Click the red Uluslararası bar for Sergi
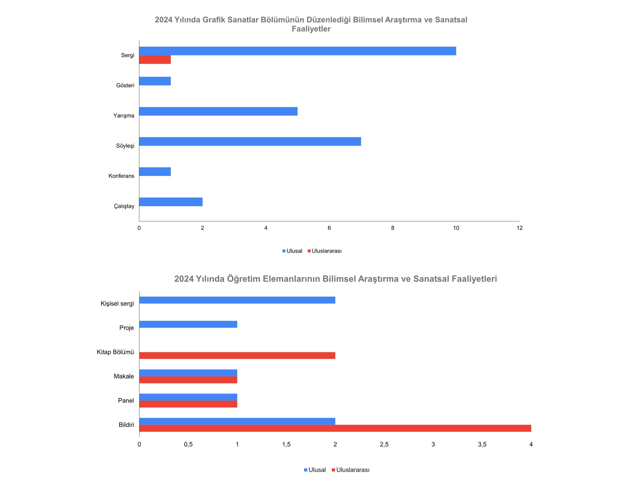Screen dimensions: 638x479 (x=155, y=59)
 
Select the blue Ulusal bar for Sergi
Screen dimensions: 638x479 (x=298, y=51)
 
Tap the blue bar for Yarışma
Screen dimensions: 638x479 (x=218, y=112)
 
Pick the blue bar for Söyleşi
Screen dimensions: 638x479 (x=250, y=141)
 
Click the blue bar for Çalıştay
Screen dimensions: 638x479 (x=171, y=202)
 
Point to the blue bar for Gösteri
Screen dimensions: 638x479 (x=155, y=81)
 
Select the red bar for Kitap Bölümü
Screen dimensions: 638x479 (x=237, y=356)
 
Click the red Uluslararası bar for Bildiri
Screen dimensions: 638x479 (x=335, y=428)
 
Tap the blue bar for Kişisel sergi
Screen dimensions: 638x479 (x=237, y=300)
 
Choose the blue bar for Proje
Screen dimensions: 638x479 (x=188, y=324)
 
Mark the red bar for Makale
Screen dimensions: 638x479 (x=188, y=380)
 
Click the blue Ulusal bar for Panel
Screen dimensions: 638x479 (x=188, y=397)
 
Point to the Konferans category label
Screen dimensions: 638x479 (x=121, y=176)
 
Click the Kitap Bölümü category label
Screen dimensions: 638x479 (x=115, y=352)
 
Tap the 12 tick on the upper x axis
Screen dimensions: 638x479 (x=519, y=228)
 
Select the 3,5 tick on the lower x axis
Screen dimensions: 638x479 (x=482, y=444)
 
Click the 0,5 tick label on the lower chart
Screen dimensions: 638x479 (x=188, y=444)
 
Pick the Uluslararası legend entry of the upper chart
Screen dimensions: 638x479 (x=325, y=251)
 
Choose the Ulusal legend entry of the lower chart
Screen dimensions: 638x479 (x=315, y=470)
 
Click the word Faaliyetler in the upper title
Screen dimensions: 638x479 (x=311, y=29)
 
